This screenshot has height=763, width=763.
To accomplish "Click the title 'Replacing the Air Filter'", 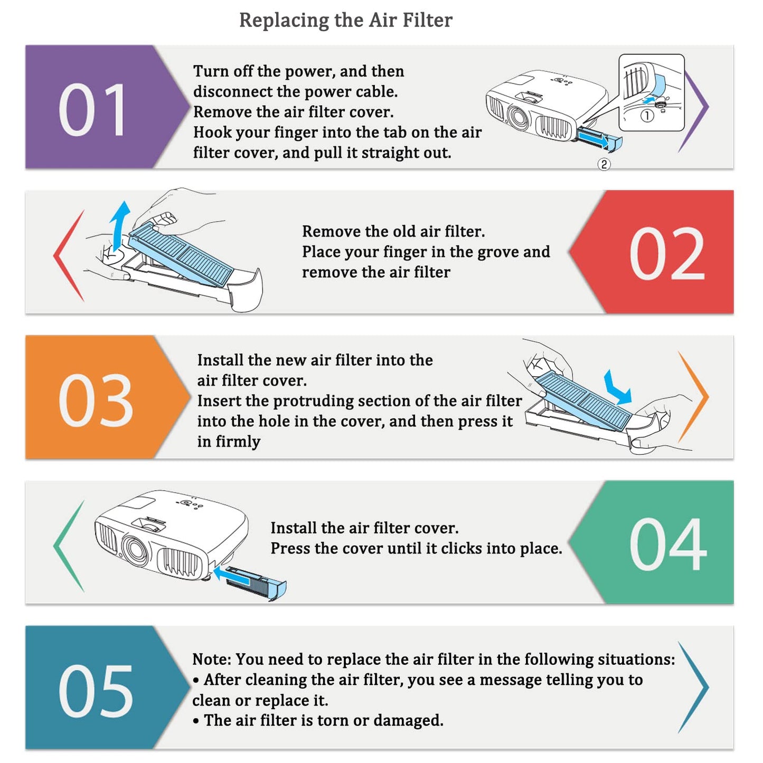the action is (x=346, y=20).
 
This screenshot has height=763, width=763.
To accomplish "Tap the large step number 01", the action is (x=92, y=110).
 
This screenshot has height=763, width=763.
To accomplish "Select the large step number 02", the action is (x=667, y=253).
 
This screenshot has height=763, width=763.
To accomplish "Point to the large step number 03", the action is (x=96, y=400).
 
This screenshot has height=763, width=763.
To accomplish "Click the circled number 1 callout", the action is (x=647, y=116).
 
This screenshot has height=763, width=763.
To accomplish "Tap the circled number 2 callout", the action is (x=604, y=164).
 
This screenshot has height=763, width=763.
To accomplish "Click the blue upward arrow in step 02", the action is (x=119, y=225).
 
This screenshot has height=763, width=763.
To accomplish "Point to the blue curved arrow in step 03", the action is (x=617, y=389).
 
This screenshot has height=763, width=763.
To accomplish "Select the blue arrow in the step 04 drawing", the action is (x=232, y=575).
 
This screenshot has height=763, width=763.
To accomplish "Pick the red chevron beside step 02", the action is (x=69, y=256).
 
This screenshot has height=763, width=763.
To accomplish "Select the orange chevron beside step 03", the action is (x=693, y=397).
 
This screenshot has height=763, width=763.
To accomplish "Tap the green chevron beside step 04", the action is (x=69, y=546).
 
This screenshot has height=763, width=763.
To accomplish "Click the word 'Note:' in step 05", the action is (x=212, y=660).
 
